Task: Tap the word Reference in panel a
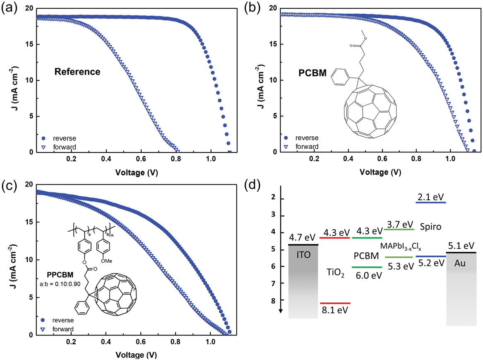point(77,72)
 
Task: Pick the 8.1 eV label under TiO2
point(335,310)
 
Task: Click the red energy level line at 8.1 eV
point(335,303)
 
